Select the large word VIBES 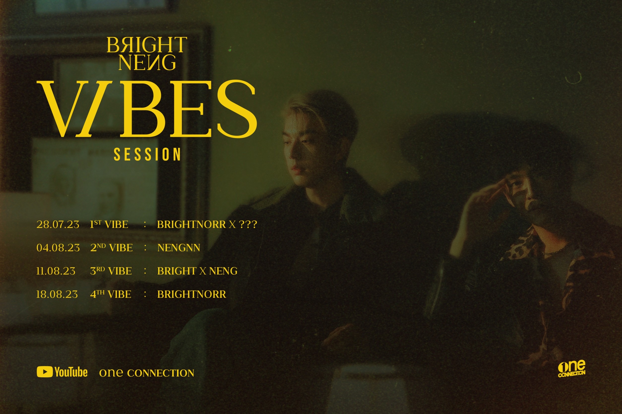coord(147,109)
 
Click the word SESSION coord(147,155)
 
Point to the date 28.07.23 coord(58,224)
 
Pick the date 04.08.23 coord(58,248)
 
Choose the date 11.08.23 coord(56,271)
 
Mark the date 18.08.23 coord(57,294)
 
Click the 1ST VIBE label coord(109,224)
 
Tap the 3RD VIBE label coord(111,271)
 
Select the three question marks coord(248,224)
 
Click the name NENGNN coord(179,248)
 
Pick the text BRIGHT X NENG coord(197,271)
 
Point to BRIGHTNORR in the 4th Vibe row coord(192,294)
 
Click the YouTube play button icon coord(45,372)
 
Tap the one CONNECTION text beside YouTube coord(147,373)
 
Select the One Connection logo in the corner coord(572,368)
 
